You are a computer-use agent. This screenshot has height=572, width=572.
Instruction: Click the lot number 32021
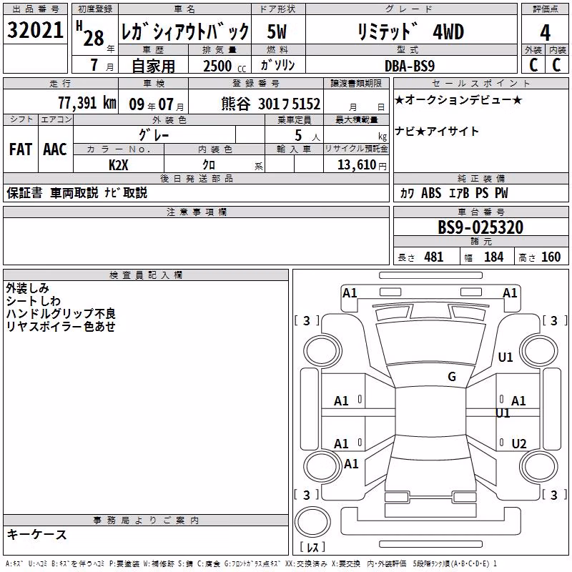pyautogui.click(x=35, y=30)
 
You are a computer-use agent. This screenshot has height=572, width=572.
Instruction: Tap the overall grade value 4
pyautogui.click(x=545, y=33)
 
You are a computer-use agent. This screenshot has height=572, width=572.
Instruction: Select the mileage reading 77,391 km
pyautogui.click(x=87, y=103)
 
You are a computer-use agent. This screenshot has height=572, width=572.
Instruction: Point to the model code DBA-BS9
pyautogui.click(x=410, y=66)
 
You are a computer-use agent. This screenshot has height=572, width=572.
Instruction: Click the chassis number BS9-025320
pyautogui.click(x=480, y=227)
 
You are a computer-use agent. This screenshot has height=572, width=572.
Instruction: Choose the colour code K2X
pyautogui.click(x=119, y=165)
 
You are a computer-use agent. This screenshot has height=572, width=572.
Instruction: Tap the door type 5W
pyautogui.click(x=277, y=31)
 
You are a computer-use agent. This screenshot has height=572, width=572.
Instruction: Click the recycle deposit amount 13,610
pyautogui.click(x=357, y=165)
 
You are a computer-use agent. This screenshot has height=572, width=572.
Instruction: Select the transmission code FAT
pyautogui.click(x=21, y=149)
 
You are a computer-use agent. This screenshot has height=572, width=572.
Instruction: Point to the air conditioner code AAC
pyautogui.click(x=55, y=149)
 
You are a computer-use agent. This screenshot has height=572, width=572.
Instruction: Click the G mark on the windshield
pyautogui.click(x=452, y=377)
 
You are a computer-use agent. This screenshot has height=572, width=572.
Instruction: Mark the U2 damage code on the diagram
pyautogui.click(x=519, y=443)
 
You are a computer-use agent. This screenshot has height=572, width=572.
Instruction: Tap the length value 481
pyautogui.click(x=434, y=257)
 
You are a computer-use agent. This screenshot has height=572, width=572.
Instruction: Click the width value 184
pyautogui.click(x=493, y=257)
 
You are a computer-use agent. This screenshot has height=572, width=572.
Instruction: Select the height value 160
pyautogui.click(x=551, y=257)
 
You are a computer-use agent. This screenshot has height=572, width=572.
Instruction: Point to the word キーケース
pyautogui.click(x=37, y=535)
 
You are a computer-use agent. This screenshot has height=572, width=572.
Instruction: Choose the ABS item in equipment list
pyautogui.click(x=431, y=193)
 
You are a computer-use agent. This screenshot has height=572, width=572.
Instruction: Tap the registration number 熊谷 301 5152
pyautogui.click(x=271, y=104)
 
